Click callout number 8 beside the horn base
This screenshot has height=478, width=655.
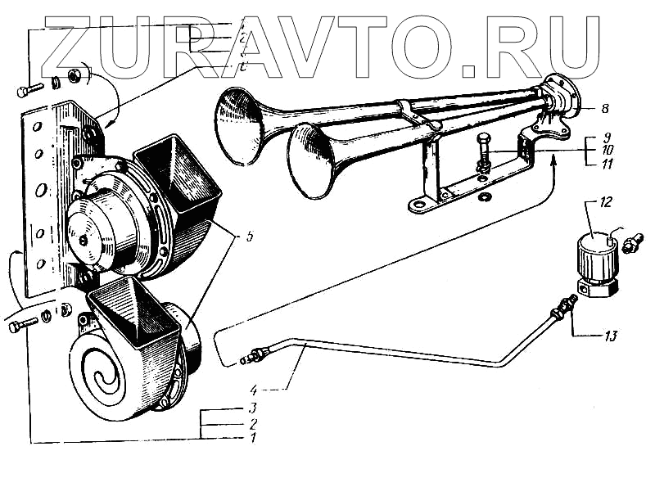click(604, 107)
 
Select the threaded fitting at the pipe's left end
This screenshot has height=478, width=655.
click(253, 356)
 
